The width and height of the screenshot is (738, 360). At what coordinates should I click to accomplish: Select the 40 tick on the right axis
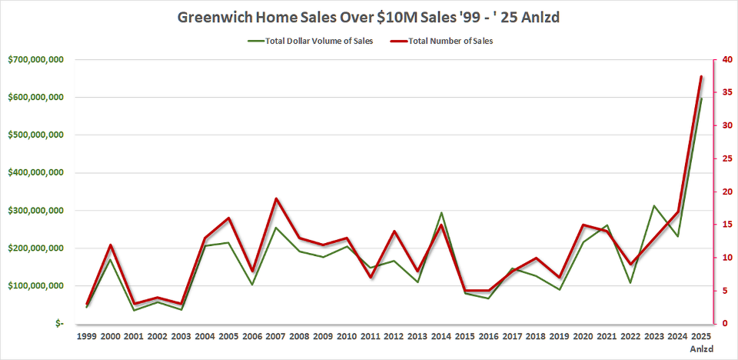click(x=716, y=59)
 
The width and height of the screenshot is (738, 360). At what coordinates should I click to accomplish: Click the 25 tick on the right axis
click(x=716, y=158)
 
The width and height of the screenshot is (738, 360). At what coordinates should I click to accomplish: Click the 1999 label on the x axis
click(x=88, y=336)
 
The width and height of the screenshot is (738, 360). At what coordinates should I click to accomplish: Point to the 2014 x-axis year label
click(x=440, y=336)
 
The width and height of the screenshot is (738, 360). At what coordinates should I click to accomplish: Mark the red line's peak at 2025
click(x=701, y=76)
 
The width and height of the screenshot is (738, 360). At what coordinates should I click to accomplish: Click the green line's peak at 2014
click(x=441, y=212)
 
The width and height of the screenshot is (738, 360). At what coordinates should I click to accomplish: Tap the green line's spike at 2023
click(x=653, y=205)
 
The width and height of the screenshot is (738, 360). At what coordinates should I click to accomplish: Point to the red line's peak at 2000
click(x=111, y=245)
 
